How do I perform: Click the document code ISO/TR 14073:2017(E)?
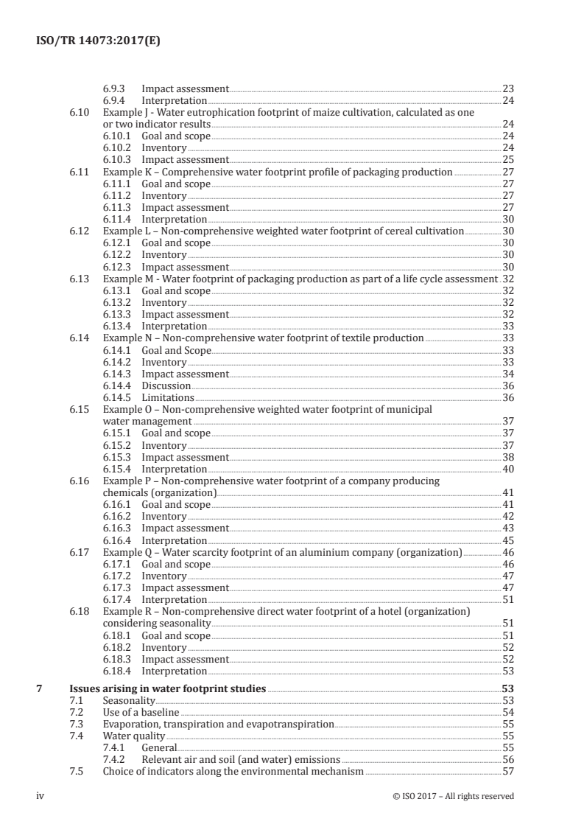(x=98, y=42)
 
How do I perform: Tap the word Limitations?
(x=168, y=397)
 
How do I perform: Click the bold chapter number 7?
(x=41, y=688)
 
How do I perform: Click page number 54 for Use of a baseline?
(x=507, y=712)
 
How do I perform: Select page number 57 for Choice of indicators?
(x=507, y=772)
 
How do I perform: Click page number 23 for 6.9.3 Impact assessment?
(x=507, y=88)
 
